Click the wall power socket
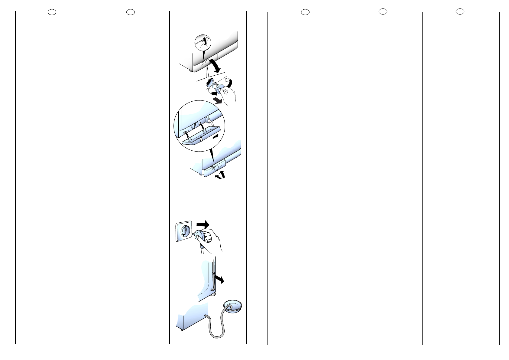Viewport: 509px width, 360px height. click(x=183, y=231)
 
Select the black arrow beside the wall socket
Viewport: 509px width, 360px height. click(x=203, y=224)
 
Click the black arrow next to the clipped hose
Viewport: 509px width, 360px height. click(x=220, y=279)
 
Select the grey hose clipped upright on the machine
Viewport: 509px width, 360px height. click(x=214, y=275)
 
